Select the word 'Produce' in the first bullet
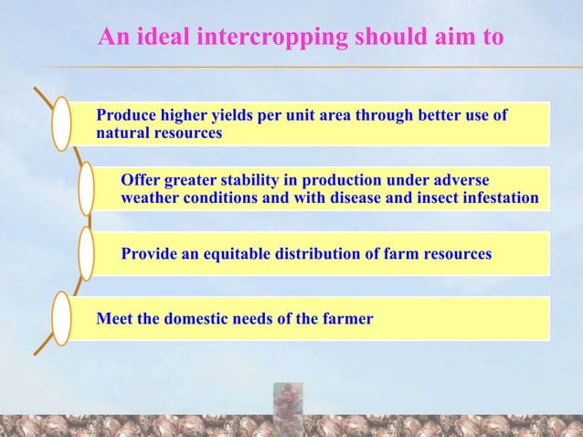click(127, 116)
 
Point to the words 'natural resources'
click(159, 133)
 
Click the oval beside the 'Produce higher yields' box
click(61, 123)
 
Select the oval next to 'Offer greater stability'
click(86, 188)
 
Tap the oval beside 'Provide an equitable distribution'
click(86, 253)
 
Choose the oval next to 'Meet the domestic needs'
click(61, 317)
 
